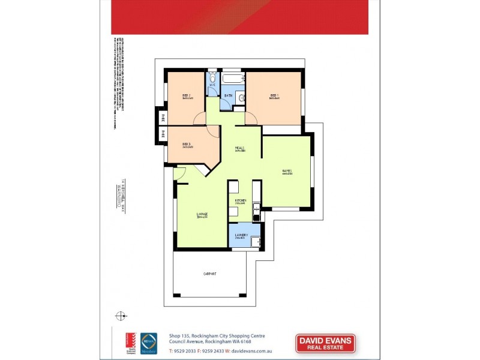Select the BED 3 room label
click(x=186, y=144)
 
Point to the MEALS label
click(x=239, y=148)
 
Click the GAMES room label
click(x=287, y=172)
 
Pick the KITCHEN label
click(x=241, y=200)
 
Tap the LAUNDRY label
click(x=241, y=235)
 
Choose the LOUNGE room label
click(x=202, y=214)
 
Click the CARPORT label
click(x=209, y=274)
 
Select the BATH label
click(x=229, y=95)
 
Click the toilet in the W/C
click(x=212, y=78)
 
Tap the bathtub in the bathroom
click(x=232, y=79)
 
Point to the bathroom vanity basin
click(x=241, y=98)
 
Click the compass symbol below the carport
click(x=121, y=315)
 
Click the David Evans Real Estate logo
click(x=326, y=343)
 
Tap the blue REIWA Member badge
click(x=148, y=343)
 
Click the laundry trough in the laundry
click(x=254, y=241)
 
